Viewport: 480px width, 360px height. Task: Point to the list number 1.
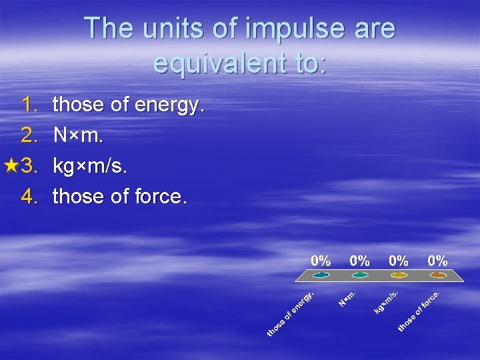(31, 105)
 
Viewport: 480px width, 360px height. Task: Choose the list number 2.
(31, 135)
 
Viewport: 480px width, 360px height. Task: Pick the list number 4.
(31, 197)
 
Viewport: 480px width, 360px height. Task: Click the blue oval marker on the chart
(321, 275)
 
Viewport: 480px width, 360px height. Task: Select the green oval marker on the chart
(360, 275)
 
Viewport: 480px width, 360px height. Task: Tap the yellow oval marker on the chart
(399, 275)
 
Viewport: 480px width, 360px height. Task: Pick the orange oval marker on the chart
(438, 275)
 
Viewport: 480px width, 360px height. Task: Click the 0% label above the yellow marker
(399, 260)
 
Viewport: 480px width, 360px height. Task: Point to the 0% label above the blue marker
(321, 260)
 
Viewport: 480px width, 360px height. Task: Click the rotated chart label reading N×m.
(349, 297)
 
